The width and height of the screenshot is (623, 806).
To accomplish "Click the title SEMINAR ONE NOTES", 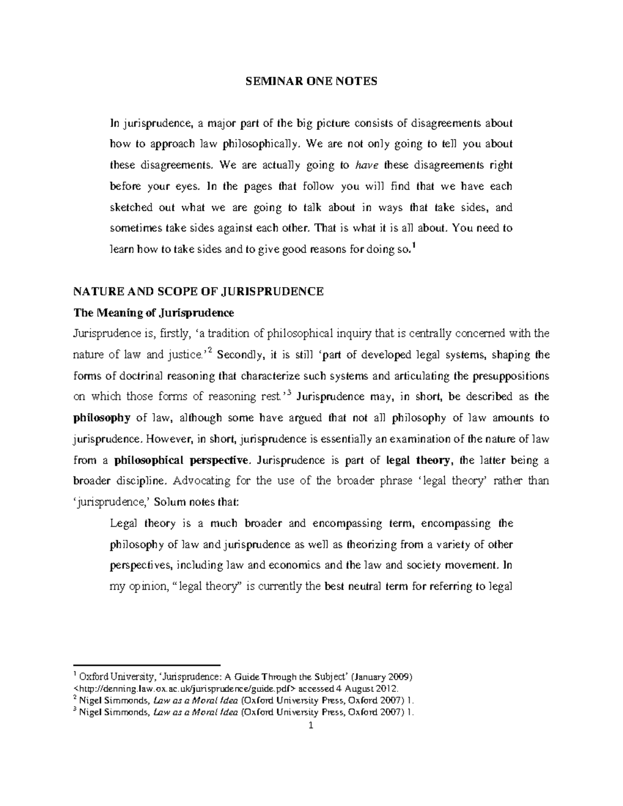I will tap(311, 81).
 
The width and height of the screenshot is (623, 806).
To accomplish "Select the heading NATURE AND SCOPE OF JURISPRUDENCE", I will tap(199, 291).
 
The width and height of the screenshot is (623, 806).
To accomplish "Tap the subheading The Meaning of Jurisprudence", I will tap(154, 313).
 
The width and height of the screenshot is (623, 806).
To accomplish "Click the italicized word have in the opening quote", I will tap(366, 166).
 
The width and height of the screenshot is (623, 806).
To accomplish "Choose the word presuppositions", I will tap(510, 376).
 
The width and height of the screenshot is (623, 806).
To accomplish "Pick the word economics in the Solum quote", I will tap(296, 565).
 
